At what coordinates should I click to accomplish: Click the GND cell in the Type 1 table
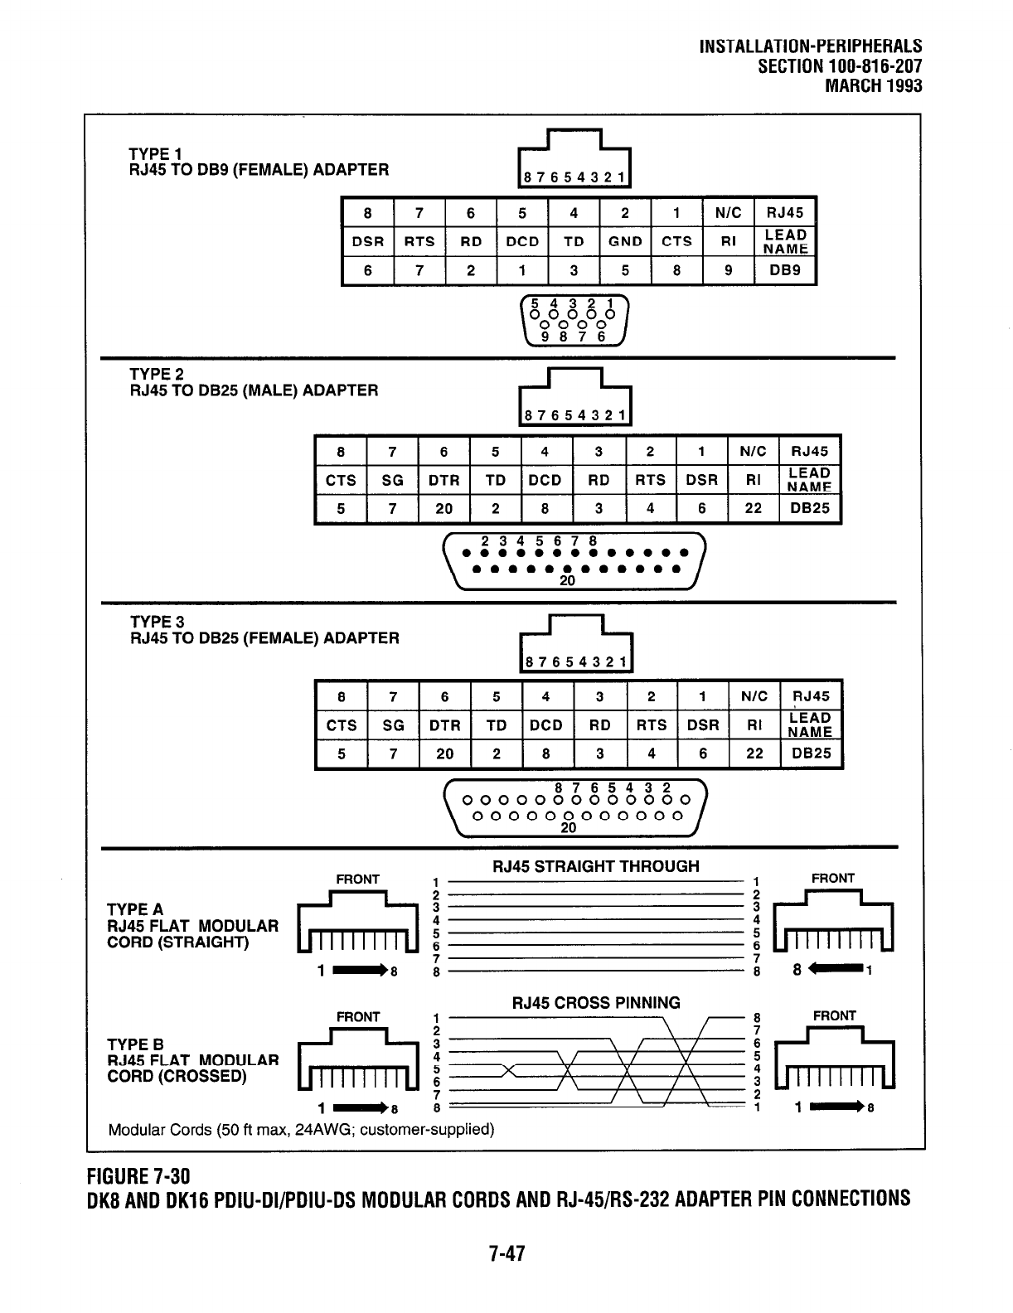625,241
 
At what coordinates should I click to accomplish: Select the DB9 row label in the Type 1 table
785,270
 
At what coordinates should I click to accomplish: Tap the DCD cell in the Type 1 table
522,241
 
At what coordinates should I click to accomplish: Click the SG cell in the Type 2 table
392,480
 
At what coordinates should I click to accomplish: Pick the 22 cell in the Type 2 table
753,508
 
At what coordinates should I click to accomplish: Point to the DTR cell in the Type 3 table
445,725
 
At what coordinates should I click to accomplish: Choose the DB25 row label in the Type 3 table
811,753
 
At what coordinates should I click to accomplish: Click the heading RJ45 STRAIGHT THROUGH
595,866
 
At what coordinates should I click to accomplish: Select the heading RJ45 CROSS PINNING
596,1002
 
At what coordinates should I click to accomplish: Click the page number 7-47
507,1252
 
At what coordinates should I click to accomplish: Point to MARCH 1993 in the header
874,85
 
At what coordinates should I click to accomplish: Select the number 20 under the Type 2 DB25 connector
567,581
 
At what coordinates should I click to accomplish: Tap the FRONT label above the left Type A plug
357,879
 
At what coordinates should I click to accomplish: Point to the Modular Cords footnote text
301,1129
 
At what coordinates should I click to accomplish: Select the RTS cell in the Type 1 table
419,241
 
